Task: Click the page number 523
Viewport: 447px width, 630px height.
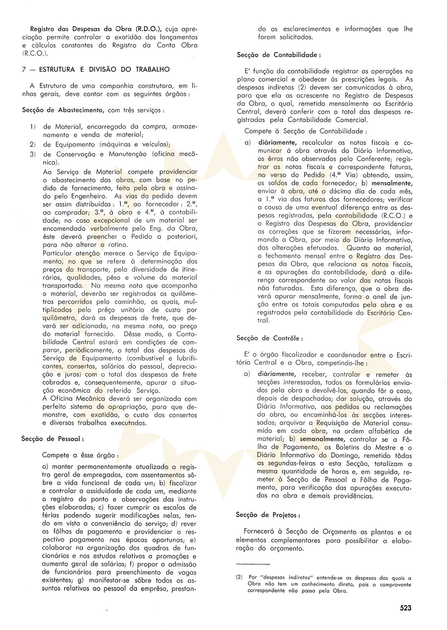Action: click(406, 608)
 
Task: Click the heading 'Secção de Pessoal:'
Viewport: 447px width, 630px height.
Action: click(53, 439)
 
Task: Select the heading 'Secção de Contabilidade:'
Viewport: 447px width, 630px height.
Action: click(279, 55)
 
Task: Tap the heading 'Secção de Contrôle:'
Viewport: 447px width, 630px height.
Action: click(270, 338)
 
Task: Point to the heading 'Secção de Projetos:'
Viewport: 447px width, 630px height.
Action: click(268, 515)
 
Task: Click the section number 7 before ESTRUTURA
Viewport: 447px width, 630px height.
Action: click(24, 69)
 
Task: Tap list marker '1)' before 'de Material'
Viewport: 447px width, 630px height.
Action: click(32, 127)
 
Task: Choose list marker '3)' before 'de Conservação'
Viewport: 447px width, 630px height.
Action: click(32, 154)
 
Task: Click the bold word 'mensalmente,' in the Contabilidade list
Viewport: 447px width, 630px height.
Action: click(392, 183)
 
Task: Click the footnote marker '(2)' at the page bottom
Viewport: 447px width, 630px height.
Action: click(240, 578)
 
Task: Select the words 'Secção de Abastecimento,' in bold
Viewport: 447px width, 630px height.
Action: click(63, 110)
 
